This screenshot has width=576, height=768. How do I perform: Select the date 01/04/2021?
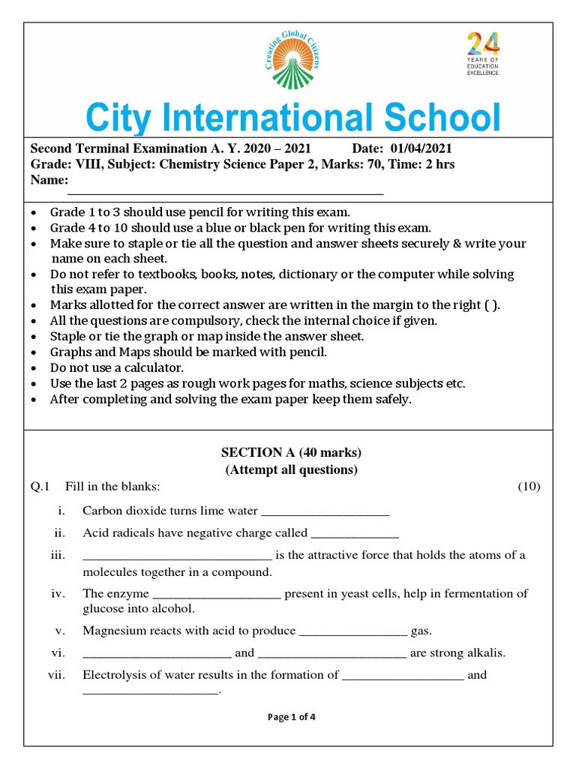tap(421, 149)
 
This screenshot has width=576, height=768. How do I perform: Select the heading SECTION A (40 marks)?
tap(291, 452)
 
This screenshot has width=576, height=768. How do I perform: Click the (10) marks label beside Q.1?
tap(528, 487)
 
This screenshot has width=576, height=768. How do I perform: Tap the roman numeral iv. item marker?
tap(59, 593)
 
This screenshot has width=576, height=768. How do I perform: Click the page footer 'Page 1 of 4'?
tap(291, 717)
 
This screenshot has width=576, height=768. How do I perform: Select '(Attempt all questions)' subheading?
tap(291, 470)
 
